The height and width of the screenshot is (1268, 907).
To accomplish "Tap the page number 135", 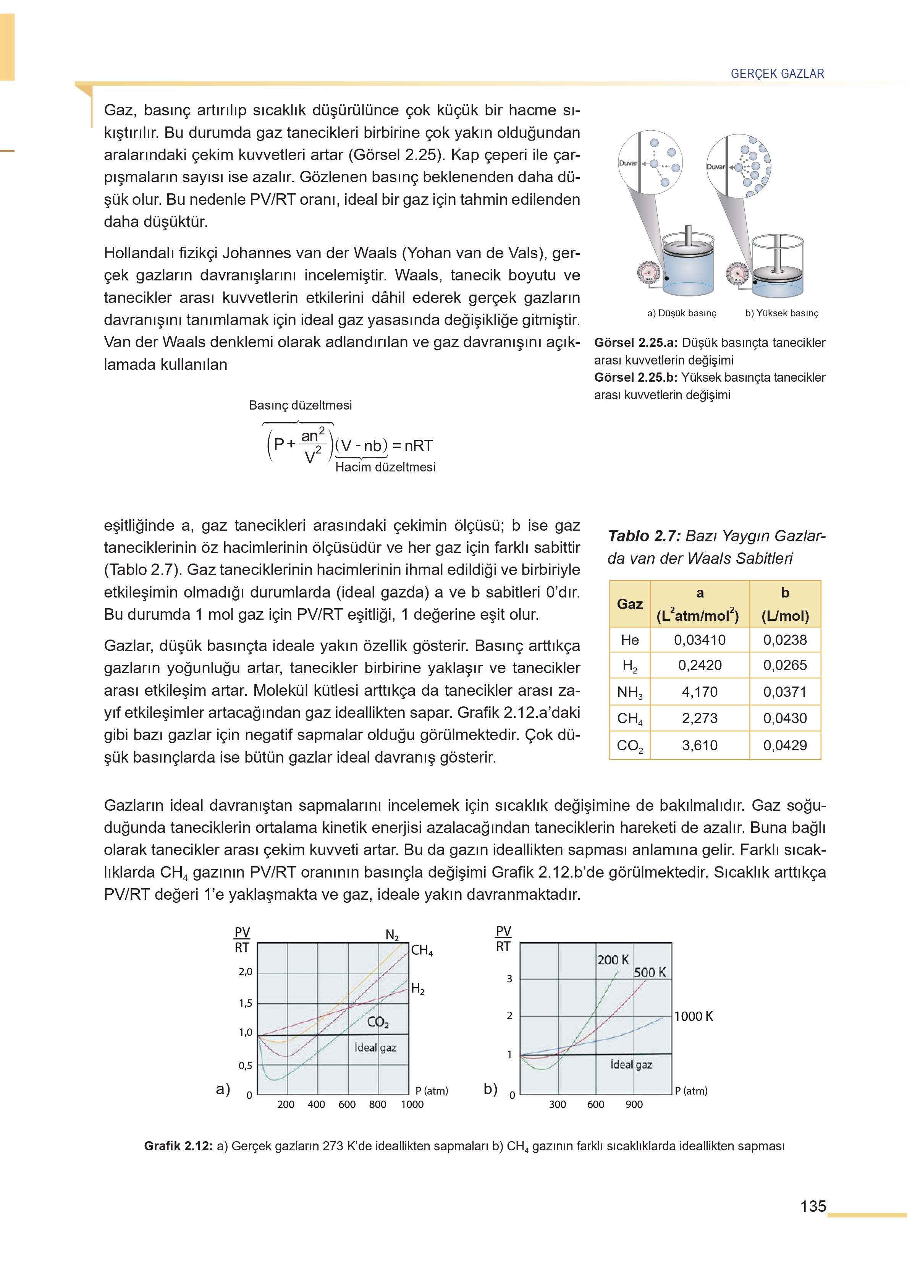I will point(813,1206).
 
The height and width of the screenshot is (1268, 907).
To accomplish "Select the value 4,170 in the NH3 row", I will point(699,691).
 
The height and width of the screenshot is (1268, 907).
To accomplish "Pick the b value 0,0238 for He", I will point(785,640).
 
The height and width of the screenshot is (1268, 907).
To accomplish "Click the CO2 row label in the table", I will point(629,745).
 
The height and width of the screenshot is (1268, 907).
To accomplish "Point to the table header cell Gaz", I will point(629,604).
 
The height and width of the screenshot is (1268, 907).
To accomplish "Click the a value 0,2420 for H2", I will point(699,665).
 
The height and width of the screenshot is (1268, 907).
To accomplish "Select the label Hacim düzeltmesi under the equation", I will point(385,467).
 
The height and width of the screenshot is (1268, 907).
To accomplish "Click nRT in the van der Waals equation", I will point(418,446).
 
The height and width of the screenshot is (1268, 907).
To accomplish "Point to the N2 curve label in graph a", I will point(392,934).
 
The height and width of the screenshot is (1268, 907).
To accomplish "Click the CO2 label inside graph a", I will point(378,1022).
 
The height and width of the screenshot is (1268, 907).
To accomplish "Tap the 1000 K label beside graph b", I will point(693,1016).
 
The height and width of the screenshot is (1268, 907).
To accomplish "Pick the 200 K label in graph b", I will point(613,960).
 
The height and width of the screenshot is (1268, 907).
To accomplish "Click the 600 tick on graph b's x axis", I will point(595,1104).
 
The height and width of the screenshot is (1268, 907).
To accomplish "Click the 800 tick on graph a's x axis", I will point(378,1104).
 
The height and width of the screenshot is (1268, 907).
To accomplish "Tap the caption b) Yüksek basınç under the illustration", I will point(781,313).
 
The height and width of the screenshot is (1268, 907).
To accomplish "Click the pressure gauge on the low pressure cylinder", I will point(648,273).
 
